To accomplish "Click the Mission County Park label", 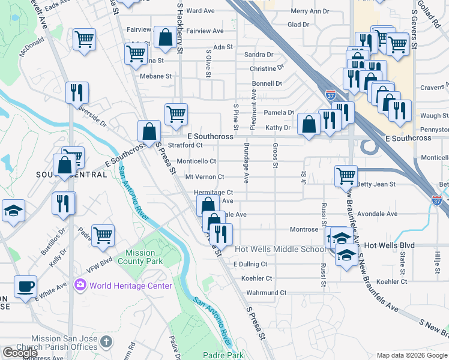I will [143, 257].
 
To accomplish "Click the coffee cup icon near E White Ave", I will [25, 286].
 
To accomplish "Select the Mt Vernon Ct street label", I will [205, 177].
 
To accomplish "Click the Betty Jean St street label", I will [376, 184].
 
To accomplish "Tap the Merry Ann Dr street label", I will [310, 11].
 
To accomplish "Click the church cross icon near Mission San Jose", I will [106, 342].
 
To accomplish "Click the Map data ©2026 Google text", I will [412, 355].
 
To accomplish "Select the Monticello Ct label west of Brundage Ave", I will [196, 161].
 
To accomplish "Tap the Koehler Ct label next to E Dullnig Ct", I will [256, 278].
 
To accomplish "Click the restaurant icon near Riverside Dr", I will [77, 92].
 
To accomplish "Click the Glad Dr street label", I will [298, 25].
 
